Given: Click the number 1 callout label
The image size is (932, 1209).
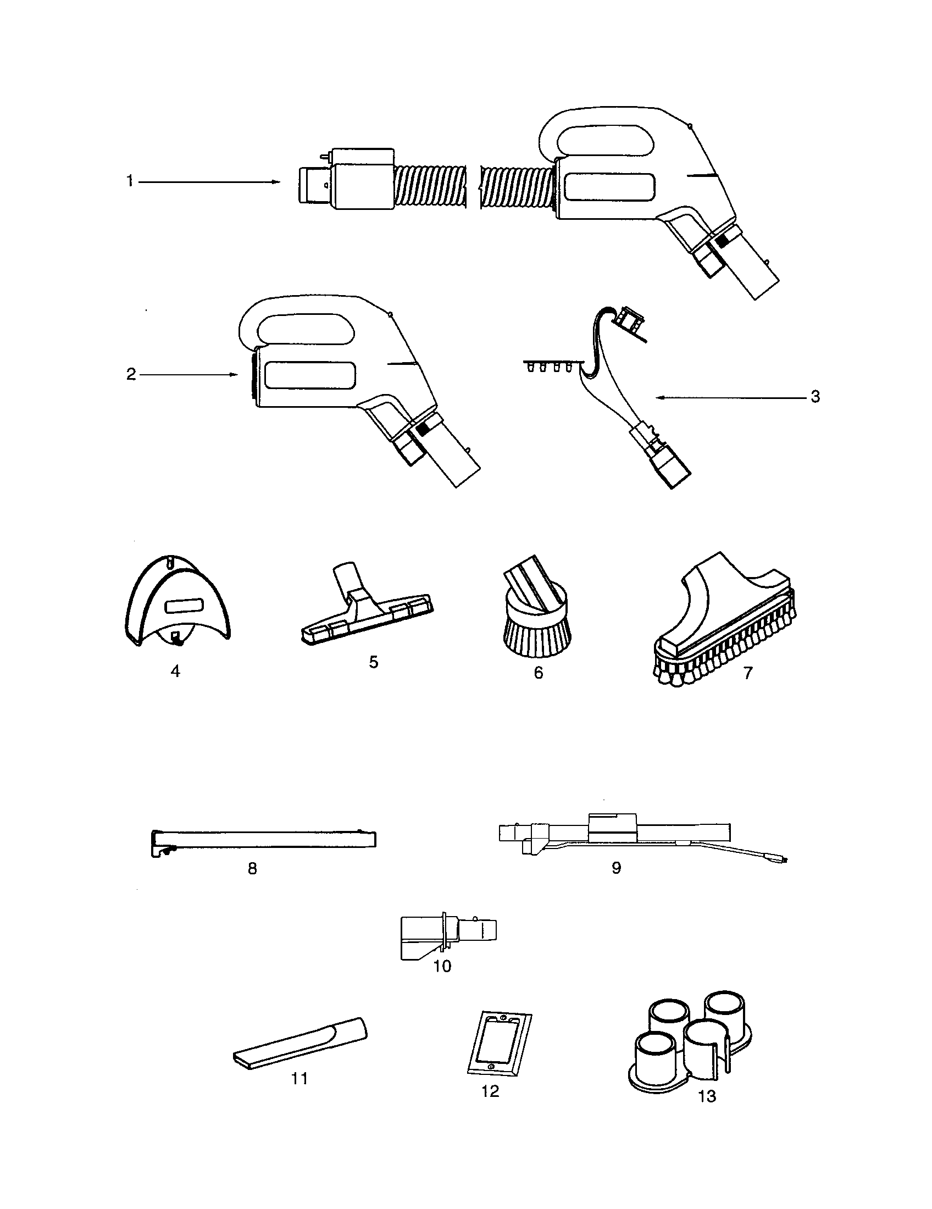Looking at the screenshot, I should point(130,181).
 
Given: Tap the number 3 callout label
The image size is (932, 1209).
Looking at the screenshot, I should point(814,397).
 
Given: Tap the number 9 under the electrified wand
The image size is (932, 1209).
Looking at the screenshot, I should point(616,867).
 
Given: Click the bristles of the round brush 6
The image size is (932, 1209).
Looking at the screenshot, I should point(537,634).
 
